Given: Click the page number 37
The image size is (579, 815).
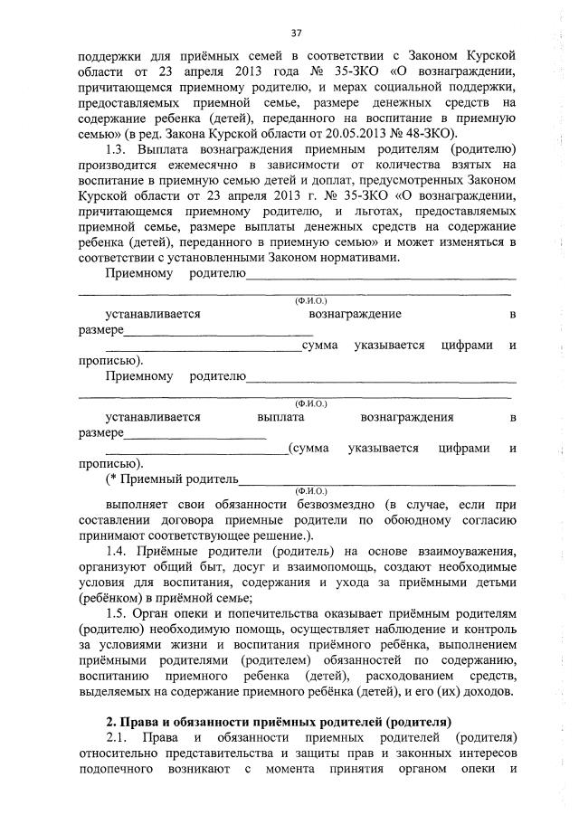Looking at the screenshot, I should click(296, 33).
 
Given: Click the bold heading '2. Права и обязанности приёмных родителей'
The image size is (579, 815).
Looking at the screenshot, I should click(278, 721).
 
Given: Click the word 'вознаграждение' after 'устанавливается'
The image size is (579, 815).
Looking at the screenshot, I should click(355, 314).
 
